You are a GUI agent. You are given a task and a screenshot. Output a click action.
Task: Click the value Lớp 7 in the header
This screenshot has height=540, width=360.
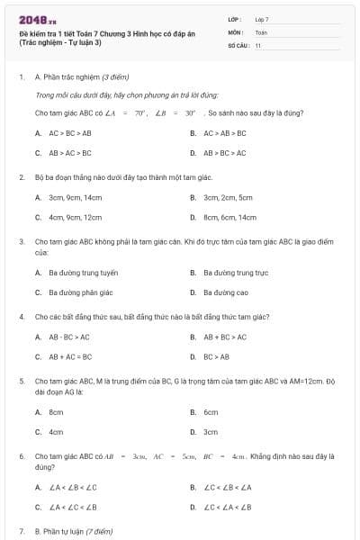coord(262,19)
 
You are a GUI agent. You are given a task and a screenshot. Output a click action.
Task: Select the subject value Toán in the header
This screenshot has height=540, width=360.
coord(261,31)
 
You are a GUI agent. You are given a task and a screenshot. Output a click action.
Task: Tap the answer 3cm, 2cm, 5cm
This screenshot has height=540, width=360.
coord(228,197)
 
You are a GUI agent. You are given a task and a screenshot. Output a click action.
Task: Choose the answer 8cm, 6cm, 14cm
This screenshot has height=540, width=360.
coord(229,217)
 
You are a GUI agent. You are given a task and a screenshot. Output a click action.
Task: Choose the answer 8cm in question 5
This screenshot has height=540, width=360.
coord(56,411)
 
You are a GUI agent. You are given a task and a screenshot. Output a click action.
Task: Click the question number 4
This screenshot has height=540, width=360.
coord(22,317)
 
